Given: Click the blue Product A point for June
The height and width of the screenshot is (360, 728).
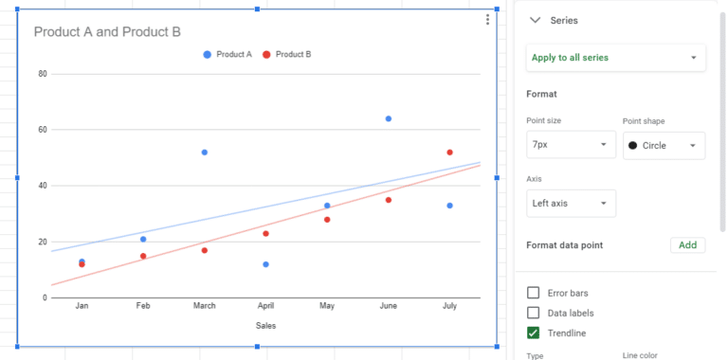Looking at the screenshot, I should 389,118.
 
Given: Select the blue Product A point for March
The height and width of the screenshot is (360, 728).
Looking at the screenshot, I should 205,152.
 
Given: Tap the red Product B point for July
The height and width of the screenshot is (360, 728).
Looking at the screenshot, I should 450,152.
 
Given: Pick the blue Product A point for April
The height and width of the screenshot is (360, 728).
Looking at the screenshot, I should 265,264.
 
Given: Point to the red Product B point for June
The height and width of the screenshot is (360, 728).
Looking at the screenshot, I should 389,200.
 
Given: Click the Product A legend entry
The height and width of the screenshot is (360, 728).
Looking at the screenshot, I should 227,54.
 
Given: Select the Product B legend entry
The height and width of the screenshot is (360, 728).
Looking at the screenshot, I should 287,54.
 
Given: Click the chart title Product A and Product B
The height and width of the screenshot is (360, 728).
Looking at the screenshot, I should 107,32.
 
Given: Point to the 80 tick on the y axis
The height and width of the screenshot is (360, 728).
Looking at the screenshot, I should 43,73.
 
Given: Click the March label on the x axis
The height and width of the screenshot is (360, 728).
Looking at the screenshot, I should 204,306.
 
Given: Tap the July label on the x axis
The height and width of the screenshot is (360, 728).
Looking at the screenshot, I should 450,306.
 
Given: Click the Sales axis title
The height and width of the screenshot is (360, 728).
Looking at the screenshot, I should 266,326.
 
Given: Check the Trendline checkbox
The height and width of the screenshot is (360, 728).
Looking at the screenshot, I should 534,333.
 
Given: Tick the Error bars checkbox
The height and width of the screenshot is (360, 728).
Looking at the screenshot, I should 534,293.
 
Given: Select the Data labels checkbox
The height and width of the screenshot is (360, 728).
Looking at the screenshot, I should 534,313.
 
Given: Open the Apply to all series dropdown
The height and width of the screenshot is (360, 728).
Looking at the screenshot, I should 616,58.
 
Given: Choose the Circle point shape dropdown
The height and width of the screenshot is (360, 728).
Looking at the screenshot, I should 664,145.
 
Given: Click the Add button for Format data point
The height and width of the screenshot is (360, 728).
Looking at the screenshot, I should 687,245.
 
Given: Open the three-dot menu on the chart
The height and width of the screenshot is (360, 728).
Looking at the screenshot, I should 487,20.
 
